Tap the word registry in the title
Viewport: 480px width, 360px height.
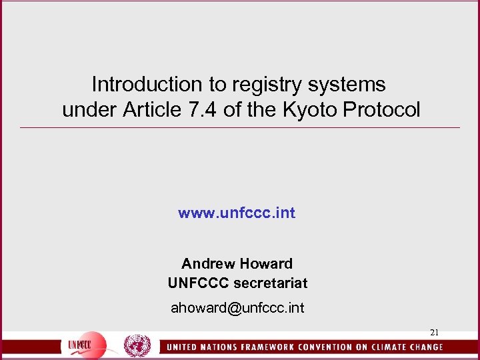(x=256, y=85)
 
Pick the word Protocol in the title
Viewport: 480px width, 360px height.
(x=387, y=110)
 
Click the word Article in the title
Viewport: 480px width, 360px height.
(x=153, y=110)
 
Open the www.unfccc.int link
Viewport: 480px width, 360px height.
(x=237, y=213)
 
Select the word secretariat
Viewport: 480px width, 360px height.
(x=271, y=283)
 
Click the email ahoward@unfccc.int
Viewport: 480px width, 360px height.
(x=237, y=309)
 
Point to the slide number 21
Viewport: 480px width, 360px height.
(x=434, y=333)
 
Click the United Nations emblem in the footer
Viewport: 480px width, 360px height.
(x=137, y=346)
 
